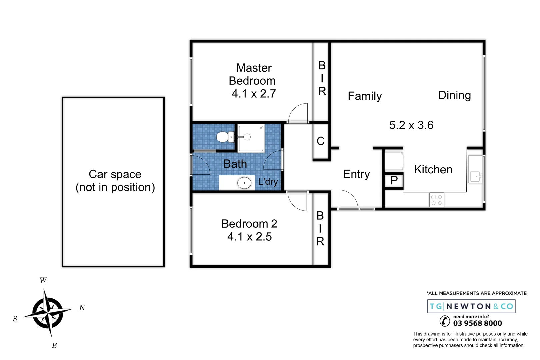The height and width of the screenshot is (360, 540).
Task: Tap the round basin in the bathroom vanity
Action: click(244, 183)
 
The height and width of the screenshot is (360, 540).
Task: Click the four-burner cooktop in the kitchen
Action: click(437, 200)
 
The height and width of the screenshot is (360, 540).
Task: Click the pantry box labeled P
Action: click(394, 181)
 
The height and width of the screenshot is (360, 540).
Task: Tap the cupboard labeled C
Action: click(321, 141)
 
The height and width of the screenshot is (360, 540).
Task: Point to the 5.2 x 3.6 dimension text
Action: click(411, 125)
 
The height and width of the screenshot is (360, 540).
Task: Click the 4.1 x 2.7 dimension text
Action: click(254, 94)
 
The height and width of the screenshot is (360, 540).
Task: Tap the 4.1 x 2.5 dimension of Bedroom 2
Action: click(249, 237)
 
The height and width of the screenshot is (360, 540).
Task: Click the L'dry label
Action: click(268, 182)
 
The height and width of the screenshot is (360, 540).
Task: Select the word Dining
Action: click(454, 95)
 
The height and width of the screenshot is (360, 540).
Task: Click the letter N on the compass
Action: click(82, 308)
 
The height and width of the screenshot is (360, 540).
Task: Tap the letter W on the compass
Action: click(43, 280)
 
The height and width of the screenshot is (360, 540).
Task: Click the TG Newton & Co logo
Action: click(471, 306)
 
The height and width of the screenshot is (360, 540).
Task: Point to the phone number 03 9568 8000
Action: click(477, 323)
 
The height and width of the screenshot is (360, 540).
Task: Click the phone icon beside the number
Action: click(445, 321)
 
